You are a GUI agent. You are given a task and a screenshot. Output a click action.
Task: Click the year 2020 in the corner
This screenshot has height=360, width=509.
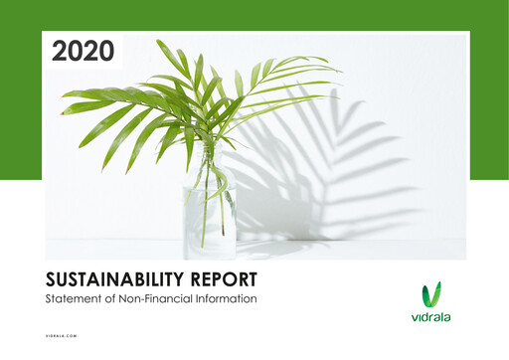tap(83, 51)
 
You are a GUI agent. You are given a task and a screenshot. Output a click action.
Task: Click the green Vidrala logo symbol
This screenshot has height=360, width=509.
tap(432, 294)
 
